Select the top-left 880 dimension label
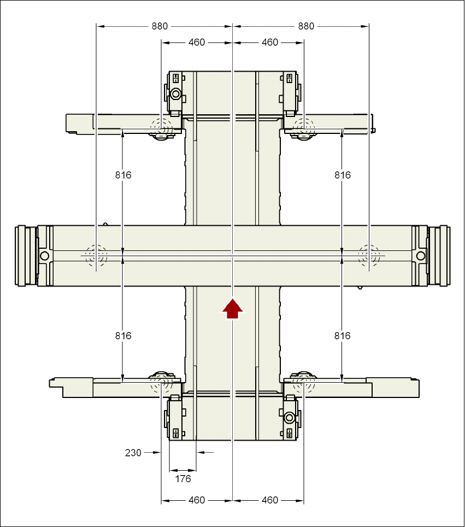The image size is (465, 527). [x=160, y=26]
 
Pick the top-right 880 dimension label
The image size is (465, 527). [x=306, y=26]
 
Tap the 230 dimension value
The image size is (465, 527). [x=133, y=453]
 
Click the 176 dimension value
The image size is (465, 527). [x=183, y=479]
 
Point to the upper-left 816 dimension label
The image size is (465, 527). [x=123, y=175]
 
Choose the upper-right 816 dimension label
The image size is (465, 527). [x=342, y=175]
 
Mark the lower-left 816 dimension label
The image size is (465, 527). [x=123, y=336]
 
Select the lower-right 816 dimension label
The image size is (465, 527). [x=342, y=336]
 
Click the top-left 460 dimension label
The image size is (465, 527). [x=196, y=42]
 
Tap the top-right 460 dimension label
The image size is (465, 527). [x=269, y=42]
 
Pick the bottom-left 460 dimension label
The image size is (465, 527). [x=196, y=500]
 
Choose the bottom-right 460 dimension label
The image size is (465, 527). [x=269, y=500]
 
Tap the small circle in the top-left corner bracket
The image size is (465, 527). [x=175, y=93]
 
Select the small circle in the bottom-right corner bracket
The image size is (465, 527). [x=290, y=418]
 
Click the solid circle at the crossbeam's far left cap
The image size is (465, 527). [x=44, y=255]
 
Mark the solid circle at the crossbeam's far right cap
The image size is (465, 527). [x=421, y=255]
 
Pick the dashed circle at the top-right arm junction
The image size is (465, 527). [x=303, y=129]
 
